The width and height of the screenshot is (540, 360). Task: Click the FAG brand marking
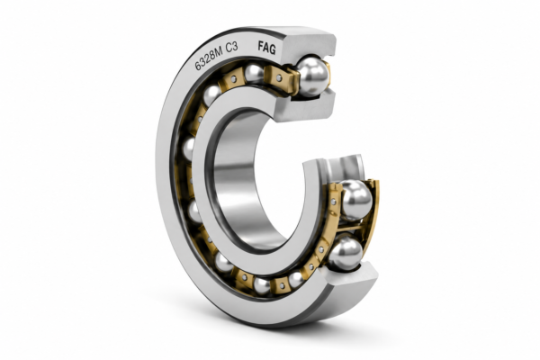coord(267,48)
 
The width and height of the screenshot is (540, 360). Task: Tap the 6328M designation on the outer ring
coord(209,58)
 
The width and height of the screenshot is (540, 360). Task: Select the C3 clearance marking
coord(232,48)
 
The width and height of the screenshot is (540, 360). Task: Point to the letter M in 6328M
coord(219,52)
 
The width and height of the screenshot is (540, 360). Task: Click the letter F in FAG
coord(261,46)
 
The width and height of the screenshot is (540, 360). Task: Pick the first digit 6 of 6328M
coord(197,66)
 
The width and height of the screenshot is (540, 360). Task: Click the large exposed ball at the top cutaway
coord(312,76)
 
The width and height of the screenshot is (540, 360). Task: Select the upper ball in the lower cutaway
coord(355,200)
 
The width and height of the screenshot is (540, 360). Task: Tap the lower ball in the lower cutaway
coord(346,253)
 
